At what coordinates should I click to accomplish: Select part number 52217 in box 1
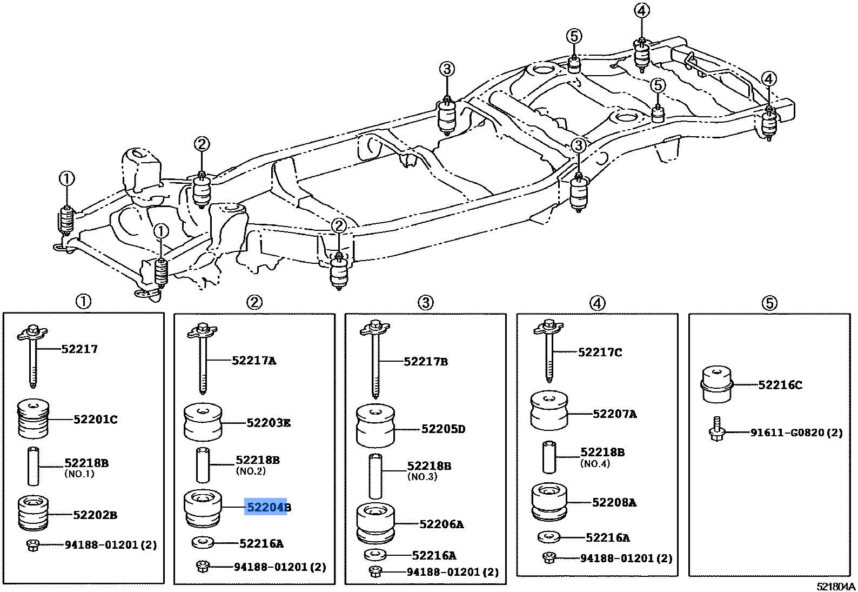coord(79,349)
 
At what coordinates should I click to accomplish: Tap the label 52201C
coord(95,420)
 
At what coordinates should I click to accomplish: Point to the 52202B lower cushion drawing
coord(33,513)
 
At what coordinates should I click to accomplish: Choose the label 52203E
coord(268,423)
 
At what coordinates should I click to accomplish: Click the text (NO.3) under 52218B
coord(422,477)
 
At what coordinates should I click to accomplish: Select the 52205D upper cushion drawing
coord(375,427)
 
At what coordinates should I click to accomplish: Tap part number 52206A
coord(441,524)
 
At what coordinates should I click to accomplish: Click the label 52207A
coord(614,414)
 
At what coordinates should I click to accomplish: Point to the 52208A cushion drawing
coord(549,502)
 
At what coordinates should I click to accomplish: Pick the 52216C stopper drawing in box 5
coord(716,384)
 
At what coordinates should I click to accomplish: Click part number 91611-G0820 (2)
coord(796,433)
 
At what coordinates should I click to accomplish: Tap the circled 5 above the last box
coord(769,303)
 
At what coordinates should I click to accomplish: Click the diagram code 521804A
coord(835,587)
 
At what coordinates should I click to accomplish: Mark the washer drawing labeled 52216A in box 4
coord(549,537)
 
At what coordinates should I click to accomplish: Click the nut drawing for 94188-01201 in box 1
coord(32,545)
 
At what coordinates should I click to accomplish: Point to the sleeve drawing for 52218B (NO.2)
coord(203,465)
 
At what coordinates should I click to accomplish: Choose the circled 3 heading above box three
coord(425,303)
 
